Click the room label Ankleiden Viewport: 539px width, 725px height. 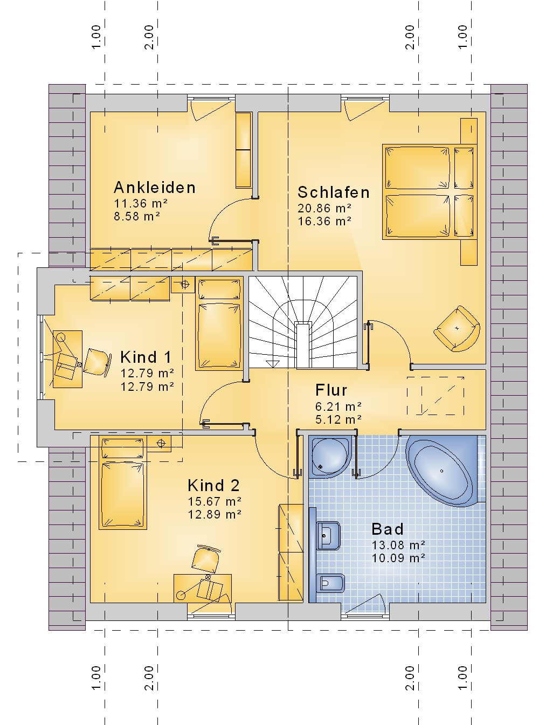(155, 188)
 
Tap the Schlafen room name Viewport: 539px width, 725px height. (334, 192)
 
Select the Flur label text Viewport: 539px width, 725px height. (331, 390)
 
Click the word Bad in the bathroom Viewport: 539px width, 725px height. (388, 529)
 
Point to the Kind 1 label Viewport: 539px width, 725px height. (146, 357)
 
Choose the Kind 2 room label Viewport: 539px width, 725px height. (214, 486)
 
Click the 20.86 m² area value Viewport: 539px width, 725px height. (324, 208)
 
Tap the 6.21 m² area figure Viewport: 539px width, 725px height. (338, 406)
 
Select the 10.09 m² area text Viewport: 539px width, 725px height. (398, 558)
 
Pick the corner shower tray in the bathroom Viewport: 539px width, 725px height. (331, 456)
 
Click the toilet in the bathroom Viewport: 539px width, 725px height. (330, 583)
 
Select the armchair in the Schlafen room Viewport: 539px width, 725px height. (457, 328)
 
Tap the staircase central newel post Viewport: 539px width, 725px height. (303, 345)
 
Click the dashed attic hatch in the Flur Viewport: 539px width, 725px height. (436, 396)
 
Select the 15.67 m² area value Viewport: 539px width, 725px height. (215, 501)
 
